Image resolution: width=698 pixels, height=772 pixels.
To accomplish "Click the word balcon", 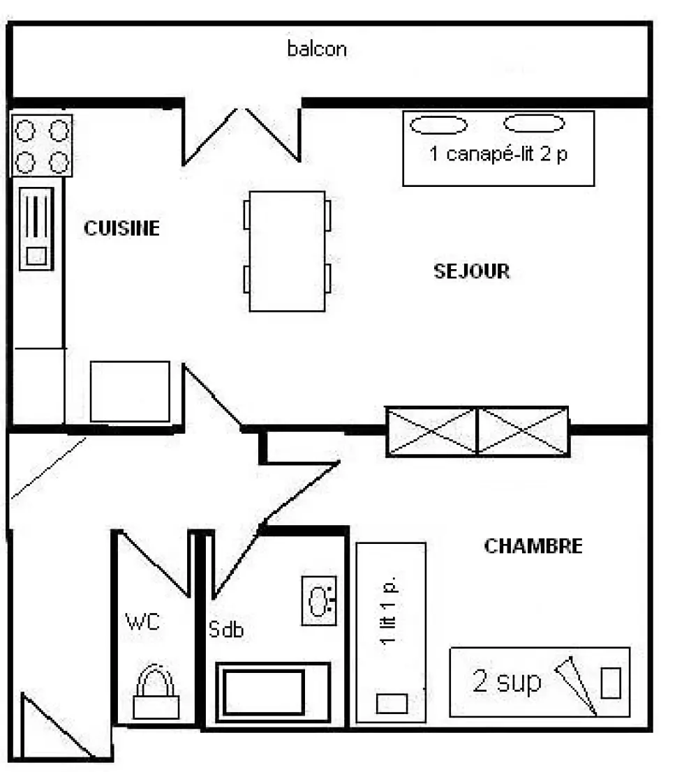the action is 317,49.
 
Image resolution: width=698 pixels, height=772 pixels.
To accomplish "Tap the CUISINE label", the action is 121,228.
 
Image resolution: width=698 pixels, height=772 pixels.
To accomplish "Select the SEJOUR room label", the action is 472,271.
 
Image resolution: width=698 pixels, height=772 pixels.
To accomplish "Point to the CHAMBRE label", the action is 533,546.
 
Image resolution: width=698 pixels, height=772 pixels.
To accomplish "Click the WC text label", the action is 143,622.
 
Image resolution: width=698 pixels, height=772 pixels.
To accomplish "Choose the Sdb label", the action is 226,629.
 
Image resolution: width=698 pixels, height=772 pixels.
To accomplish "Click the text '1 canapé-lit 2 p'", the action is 498,153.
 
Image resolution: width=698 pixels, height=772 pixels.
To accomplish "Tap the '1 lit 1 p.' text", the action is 389,610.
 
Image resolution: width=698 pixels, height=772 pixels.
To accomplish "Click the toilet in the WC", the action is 156,692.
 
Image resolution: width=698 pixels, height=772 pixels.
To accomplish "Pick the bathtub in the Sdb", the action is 273,692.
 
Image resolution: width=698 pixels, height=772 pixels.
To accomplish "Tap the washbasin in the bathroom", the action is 319,600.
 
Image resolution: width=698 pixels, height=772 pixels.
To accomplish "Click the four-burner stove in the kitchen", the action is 42,146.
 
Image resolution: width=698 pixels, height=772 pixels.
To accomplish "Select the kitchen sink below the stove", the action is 36,229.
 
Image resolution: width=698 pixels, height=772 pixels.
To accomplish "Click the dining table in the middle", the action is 288,251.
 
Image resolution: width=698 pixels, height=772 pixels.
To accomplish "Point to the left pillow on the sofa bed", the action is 438,125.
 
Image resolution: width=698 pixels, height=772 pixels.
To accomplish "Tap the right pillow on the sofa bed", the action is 534,123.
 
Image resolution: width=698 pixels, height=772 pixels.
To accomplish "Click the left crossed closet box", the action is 431,431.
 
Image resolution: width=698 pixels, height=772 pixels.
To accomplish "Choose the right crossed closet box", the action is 523,431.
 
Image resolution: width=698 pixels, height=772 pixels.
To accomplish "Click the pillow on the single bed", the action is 392,704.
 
